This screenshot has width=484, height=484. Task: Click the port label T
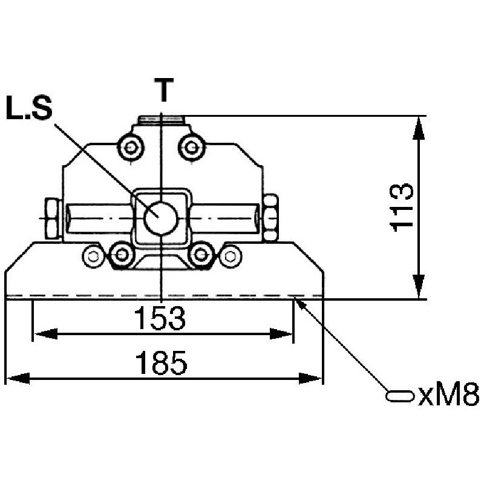tap(163, 90)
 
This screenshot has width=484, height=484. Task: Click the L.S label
tap(29, 108)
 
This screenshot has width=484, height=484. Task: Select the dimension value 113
tap(401, 208)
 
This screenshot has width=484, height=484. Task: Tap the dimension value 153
tap(160, 318)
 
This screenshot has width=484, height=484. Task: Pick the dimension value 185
tap(161, 362)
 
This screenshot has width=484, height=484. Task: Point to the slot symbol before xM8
tap(400, 396)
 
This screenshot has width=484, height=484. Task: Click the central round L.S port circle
tap(160, 218)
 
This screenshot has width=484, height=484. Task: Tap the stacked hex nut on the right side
tap(271, 218)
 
